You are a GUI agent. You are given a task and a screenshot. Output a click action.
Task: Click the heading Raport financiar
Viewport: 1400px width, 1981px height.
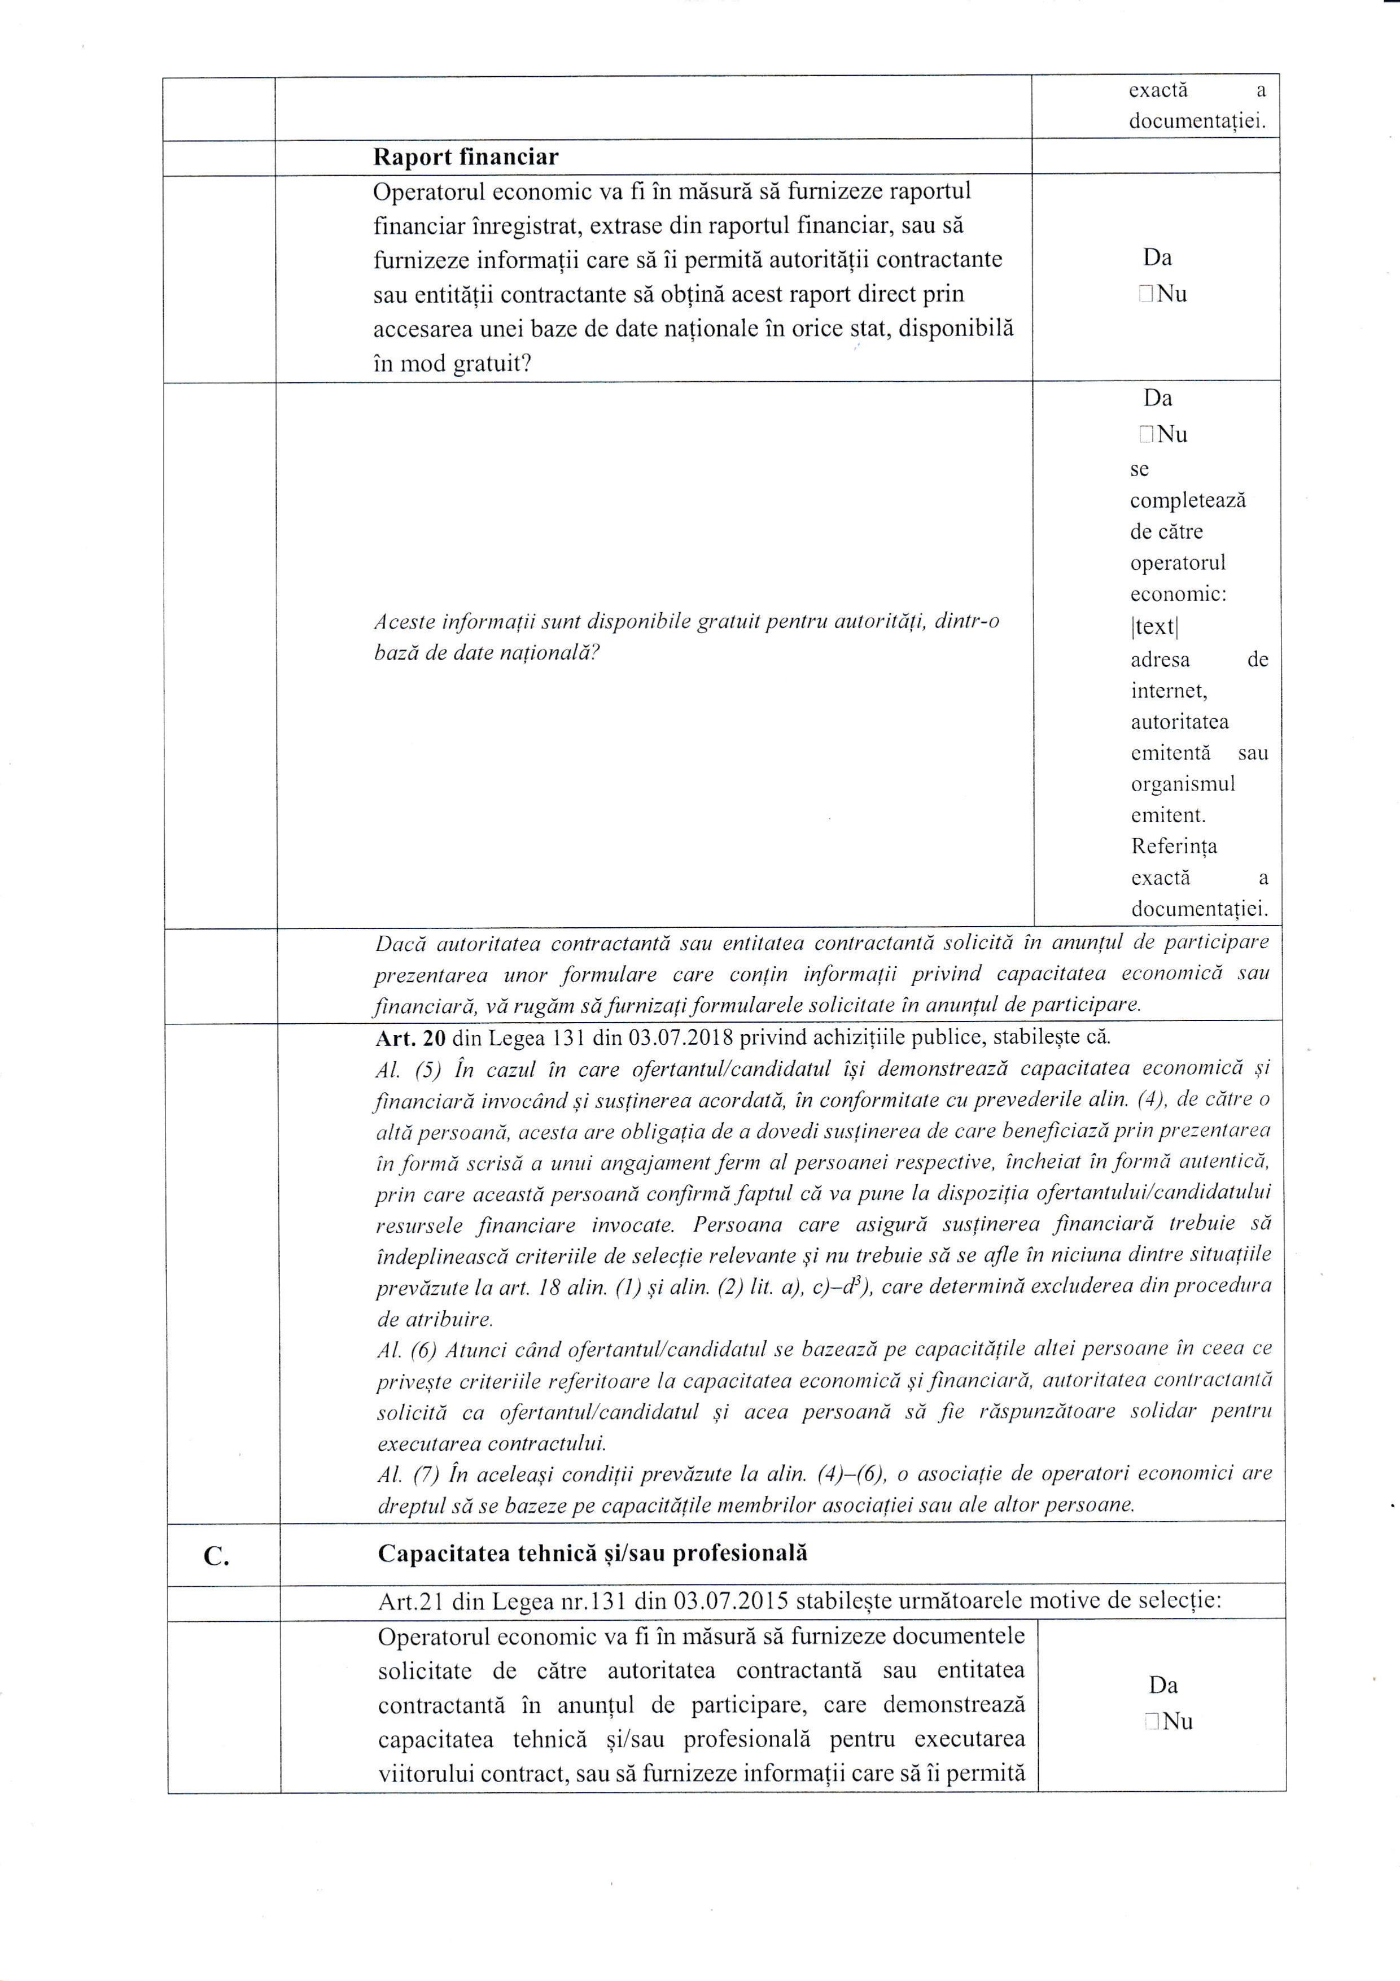[465, 157]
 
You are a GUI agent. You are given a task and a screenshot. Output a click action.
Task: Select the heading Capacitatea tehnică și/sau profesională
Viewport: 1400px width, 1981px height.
[593, 1553]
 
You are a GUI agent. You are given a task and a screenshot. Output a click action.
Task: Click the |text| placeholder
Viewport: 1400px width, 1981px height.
[1154, 626]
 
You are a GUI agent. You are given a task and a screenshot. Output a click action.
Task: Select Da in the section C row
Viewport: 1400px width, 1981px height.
[1163, 1684]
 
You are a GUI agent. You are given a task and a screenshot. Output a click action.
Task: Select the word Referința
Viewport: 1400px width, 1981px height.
[1173, 846]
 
